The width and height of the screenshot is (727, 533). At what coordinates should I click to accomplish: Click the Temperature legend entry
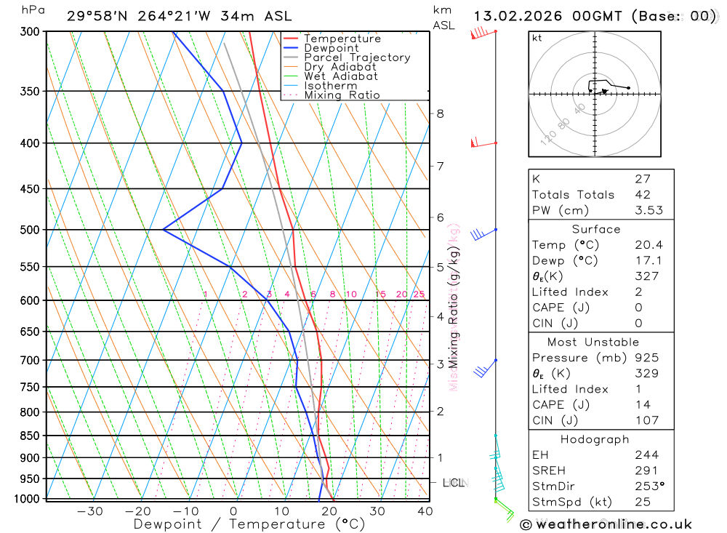pos(342,39)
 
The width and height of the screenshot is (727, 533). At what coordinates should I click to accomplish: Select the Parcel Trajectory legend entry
pos(357,57)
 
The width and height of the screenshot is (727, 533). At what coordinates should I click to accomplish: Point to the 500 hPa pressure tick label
pos(30,230)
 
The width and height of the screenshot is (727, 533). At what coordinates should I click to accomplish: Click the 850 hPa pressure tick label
pos(30,436)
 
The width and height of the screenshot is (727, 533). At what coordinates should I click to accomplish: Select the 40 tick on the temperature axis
pos(425,511)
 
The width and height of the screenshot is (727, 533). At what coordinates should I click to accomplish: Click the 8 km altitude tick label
pos(440,113)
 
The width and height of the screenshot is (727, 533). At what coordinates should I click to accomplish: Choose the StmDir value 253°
pos(646,486)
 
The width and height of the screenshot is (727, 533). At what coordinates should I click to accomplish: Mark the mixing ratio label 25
pos(419,294)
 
